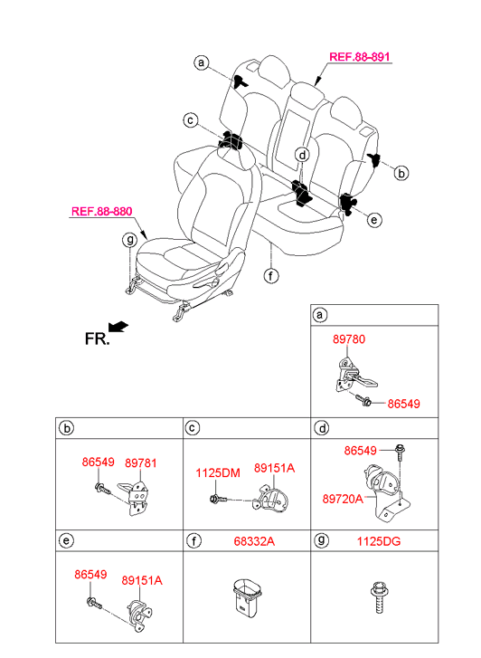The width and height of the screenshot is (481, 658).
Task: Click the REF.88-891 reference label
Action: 359,57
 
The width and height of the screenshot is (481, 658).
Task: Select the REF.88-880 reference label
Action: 102,211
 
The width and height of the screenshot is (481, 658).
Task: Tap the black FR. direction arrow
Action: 118,326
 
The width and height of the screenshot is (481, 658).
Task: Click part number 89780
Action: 349,339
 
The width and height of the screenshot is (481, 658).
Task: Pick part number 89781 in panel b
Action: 141,463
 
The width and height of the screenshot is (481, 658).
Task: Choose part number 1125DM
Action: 218,473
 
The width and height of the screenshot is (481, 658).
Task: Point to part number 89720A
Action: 343,499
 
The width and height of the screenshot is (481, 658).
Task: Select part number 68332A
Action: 254,541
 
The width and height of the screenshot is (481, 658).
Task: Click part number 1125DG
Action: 379,541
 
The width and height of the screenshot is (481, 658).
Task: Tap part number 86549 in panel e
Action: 90,574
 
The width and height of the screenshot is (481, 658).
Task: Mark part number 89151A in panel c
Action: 274,468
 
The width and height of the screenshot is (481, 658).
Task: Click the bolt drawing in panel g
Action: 379,597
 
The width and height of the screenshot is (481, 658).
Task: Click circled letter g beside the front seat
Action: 129,240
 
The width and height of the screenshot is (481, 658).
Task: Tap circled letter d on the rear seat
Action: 302,155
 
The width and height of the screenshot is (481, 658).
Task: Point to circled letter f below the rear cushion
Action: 271,276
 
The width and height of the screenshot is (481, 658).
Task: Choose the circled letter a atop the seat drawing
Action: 202,62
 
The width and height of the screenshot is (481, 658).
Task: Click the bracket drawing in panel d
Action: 387,492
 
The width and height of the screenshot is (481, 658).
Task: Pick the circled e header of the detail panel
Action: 66,541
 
